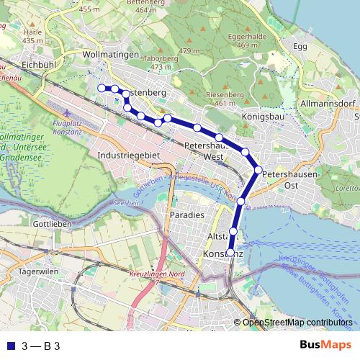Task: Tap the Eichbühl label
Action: (39, 65)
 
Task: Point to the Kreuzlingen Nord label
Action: (157, 275)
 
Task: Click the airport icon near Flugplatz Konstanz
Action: (68, 113)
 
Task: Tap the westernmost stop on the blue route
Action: (101, 88)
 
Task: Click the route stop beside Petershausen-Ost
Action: (258, 170)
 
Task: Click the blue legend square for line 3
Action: (9, 346)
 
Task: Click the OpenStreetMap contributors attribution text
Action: (297, 323)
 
